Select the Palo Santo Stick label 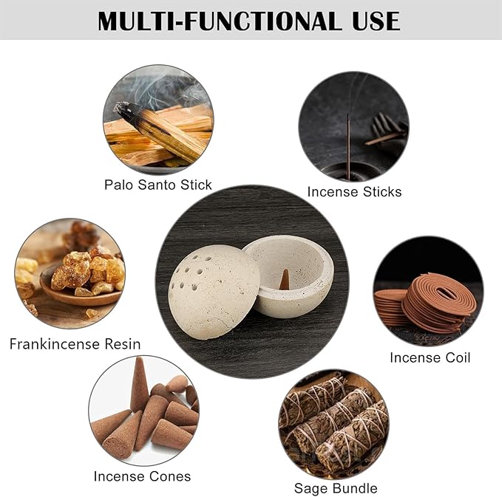click(x=158, y=185)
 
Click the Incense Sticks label click(x=354, y=192)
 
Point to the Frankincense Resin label click(x=75, y=344)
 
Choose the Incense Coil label click(x=430, y=357)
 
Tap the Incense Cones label click(x=142, y=476)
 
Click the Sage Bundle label click(x=336, y=488)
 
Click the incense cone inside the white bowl click(x=284, y=279)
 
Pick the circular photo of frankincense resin click(x=69, y=273)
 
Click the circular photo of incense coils click(x=428, y=291)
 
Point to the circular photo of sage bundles click(x=333, y=423)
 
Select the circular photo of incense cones click(x=143, y=411)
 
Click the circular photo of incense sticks click(x=353, y=126)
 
